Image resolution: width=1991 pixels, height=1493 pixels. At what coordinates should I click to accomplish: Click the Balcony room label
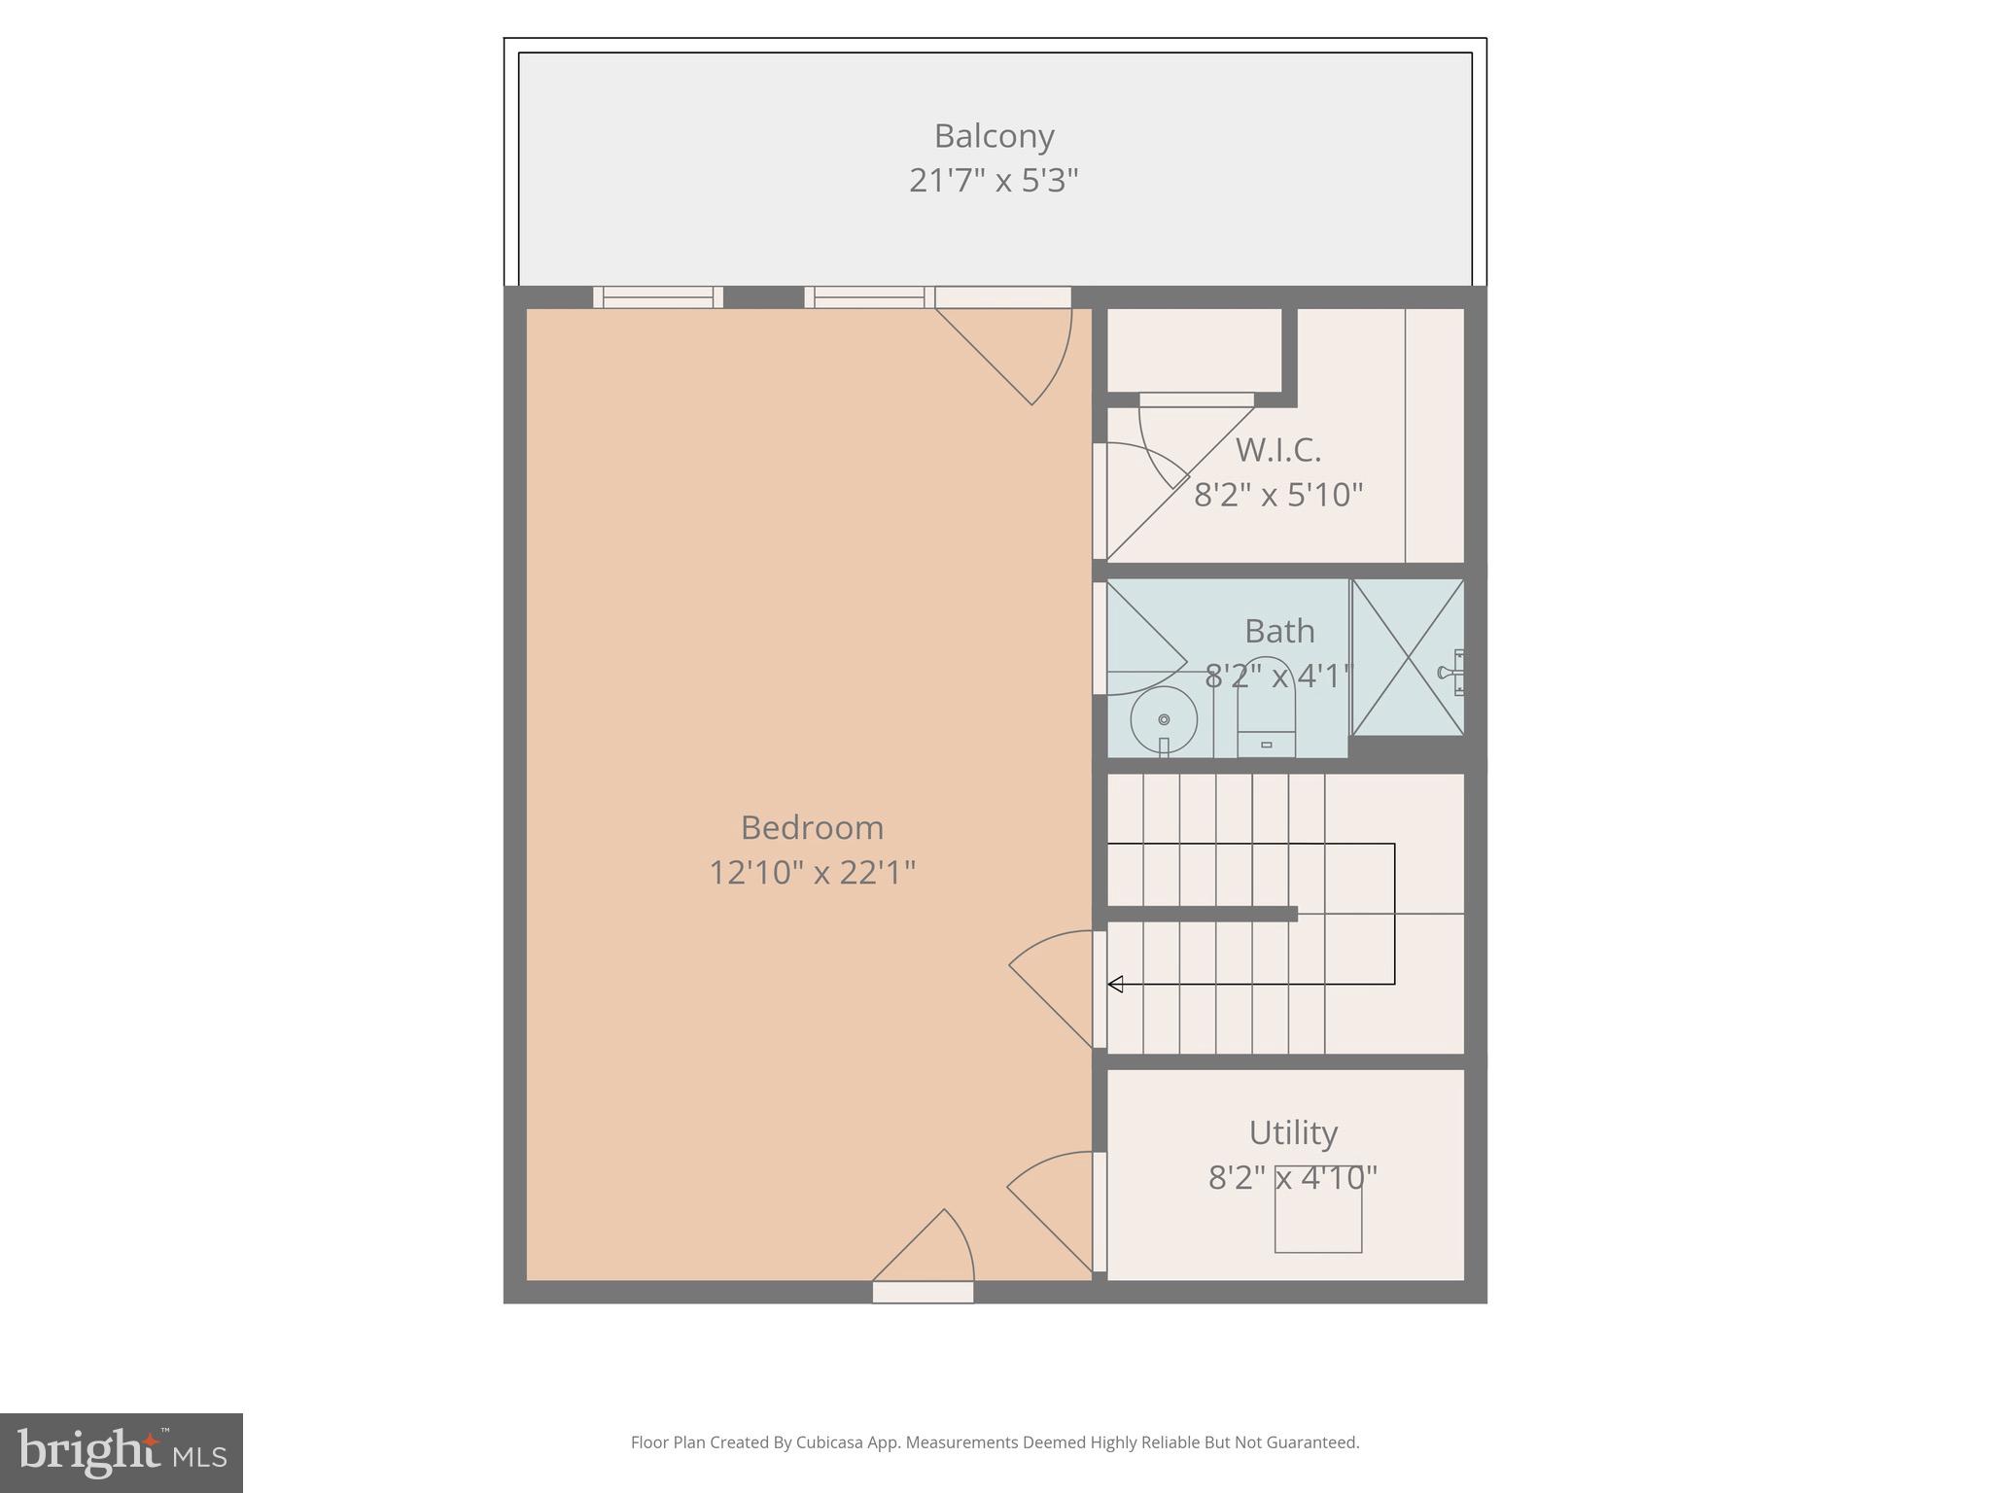[994, 136]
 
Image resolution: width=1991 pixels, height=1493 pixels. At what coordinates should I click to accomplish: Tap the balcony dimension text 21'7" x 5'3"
[994, 181]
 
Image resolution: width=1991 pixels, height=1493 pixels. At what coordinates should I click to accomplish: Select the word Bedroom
[812, 828]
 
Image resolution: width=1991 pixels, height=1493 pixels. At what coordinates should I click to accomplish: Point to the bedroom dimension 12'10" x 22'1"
[812, 873]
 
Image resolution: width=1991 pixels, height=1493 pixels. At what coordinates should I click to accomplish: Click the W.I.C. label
[1277, 450]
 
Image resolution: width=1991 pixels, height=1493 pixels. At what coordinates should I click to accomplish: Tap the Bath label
[1279, 632]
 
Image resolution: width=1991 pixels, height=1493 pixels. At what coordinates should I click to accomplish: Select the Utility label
[1293, 1133]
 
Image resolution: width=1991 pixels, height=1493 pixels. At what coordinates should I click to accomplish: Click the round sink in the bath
[1164, 720]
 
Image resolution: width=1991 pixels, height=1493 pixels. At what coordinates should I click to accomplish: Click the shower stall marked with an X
[1407, 657]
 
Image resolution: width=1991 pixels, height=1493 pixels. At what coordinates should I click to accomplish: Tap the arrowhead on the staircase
[1116, 985]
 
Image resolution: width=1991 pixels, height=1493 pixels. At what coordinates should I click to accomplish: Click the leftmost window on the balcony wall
[658, 297]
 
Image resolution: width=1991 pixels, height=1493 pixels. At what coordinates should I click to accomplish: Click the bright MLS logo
[121, 1453]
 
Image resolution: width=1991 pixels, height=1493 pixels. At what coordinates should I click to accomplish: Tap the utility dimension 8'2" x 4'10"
[1293, 1178]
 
